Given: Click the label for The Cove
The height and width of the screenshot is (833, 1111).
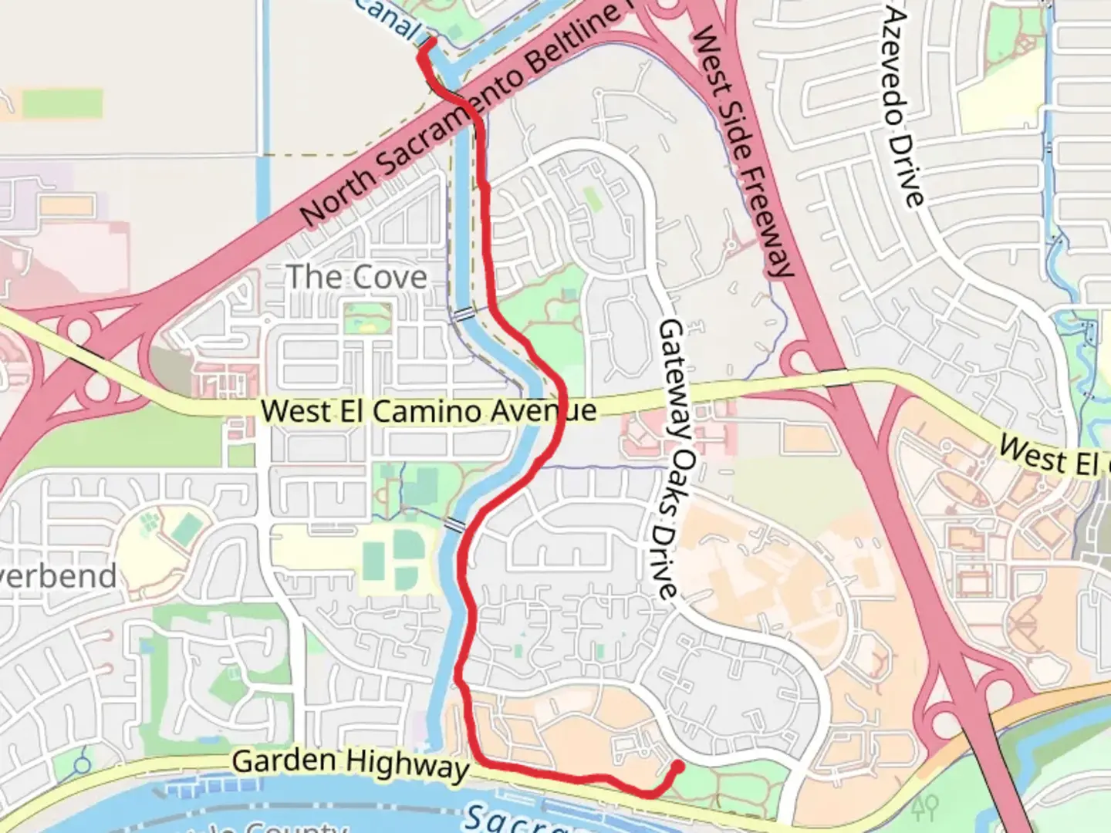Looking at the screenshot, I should click(x=356, y=278).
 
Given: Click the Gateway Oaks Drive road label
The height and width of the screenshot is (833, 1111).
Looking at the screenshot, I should click(x=668, y=459).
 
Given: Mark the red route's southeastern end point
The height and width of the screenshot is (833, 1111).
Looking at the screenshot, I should click(x=677, y=766).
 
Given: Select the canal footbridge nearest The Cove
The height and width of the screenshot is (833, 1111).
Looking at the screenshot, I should click(x=463, y=314).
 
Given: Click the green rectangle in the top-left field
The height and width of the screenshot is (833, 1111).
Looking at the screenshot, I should click(x=62, y=104).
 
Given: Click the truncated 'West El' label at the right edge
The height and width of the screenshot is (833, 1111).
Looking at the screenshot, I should click(x=1053, y=457).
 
